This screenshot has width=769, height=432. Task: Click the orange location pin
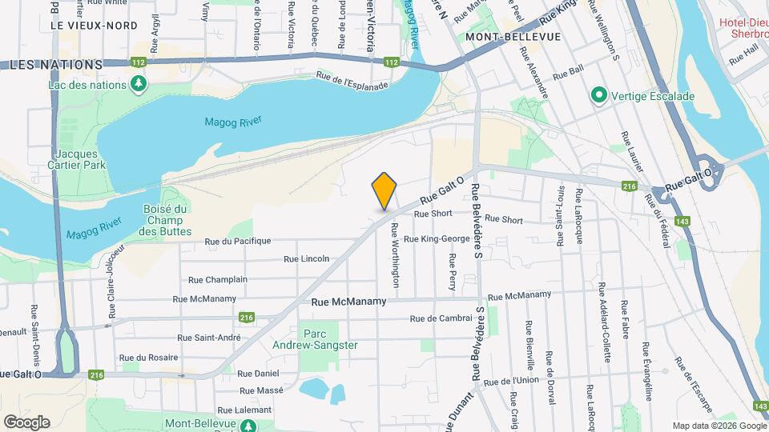pyautogui.click(x=384, y=190)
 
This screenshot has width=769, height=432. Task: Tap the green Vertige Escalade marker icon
pyautogui.click(x=598, y=96)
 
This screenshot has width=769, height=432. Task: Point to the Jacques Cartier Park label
pyautogui.click(x=78, y=160)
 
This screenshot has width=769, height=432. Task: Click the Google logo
pyautogui.click(x=26, y=422)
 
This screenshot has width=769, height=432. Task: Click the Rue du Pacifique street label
pyautogui.click(x=238, y=241)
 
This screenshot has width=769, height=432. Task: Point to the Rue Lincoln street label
pyautogui.click(x=308, y=259)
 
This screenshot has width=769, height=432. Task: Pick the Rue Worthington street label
pyautogui.click(x=395, y=254)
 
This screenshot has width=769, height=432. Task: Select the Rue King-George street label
pyautogui.click(x=437, y=239)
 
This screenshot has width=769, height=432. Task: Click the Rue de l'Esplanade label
pyautogui.click(x=352, y=82)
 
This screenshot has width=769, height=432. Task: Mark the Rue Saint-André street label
pyautogui.click(x=213, y=338)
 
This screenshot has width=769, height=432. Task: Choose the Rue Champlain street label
pyautogui.click(x=217, y=280)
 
